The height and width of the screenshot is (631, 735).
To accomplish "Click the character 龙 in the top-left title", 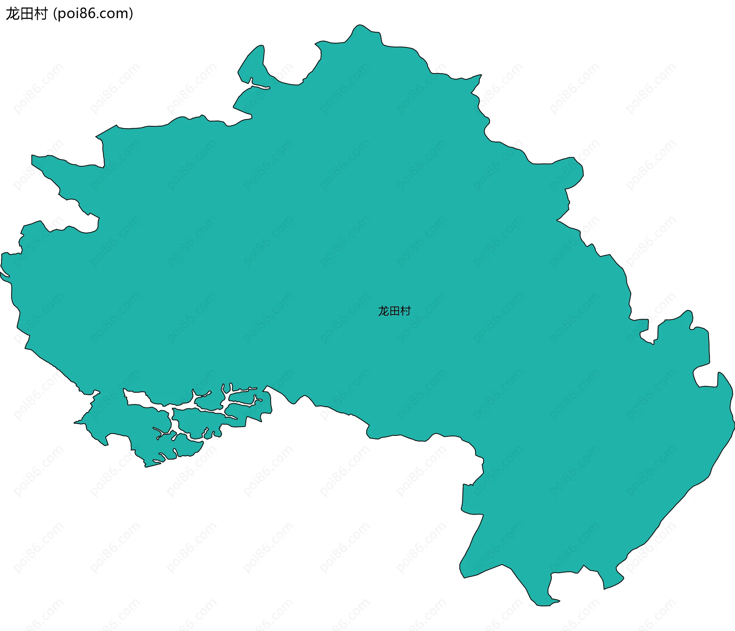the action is click(x=12, y=14).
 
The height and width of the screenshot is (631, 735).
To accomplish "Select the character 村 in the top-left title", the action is click(x=41, y=14).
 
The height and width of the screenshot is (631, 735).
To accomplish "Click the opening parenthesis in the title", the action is click(x=55, y=14).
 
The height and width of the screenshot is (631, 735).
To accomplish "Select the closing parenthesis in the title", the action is click(x=131, y=14).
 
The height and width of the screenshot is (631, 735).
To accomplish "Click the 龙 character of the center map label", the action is click(x=384, y=311).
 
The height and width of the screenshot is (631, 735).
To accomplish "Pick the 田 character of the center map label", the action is click(x=394, y=311).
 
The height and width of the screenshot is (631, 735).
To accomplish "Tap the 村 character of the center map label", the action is click(x=405, y=311).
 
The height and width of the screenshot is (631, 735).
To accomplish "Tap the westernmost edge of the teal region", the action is click(x=2, y=264).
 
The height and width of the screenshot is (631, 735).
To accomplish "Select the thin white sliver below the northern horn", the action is click(x=260, y=86).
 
